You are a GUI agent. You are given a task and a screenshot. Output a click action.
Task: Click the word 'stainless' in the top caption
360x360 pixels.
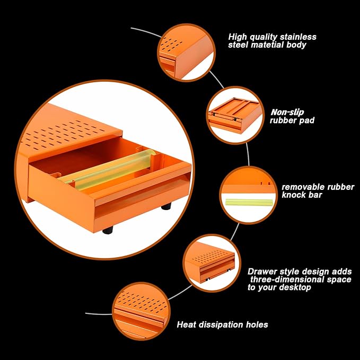click(x=298, y=37)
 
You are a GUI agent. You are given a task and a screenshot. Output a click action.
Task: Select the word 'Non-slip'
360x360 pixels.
click(x=287, y=112)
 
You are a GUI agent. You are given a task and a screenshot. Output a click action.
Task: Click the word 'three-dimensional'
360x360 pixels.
click(x=287, y=279)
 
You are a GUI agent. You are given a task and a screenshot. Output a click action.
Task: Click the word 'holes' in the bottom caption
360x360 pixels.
click(x=257, y=324)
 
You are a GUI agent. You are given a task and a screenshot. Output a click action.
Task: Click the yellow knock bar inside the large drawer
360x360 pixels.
click(x=108, y=170)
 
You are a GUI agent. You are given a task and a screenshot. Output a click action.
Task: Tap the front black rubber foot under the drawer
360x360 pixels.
click(x=108, y=230)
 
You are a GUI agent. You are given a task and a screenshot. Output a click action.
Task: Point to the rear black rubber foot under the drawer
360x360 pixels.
click(x=166, y=206)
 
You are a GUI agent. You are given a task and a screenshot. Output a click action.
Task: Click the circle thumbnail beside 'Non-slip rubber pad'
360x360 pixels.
click(x=235, y=115)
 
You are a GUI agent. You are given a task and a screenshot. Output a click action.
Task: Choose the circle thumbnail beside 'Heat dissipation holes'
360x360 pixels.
click(x=141, y=311)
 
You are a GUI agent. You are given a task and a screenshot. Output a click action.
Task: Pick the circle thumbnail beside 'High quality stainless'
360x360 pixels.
click(x=187, y=52)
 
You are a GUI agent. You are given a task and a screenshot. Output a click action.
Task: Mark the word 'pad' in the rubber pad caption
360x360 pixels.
click(x=307, y=120)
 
